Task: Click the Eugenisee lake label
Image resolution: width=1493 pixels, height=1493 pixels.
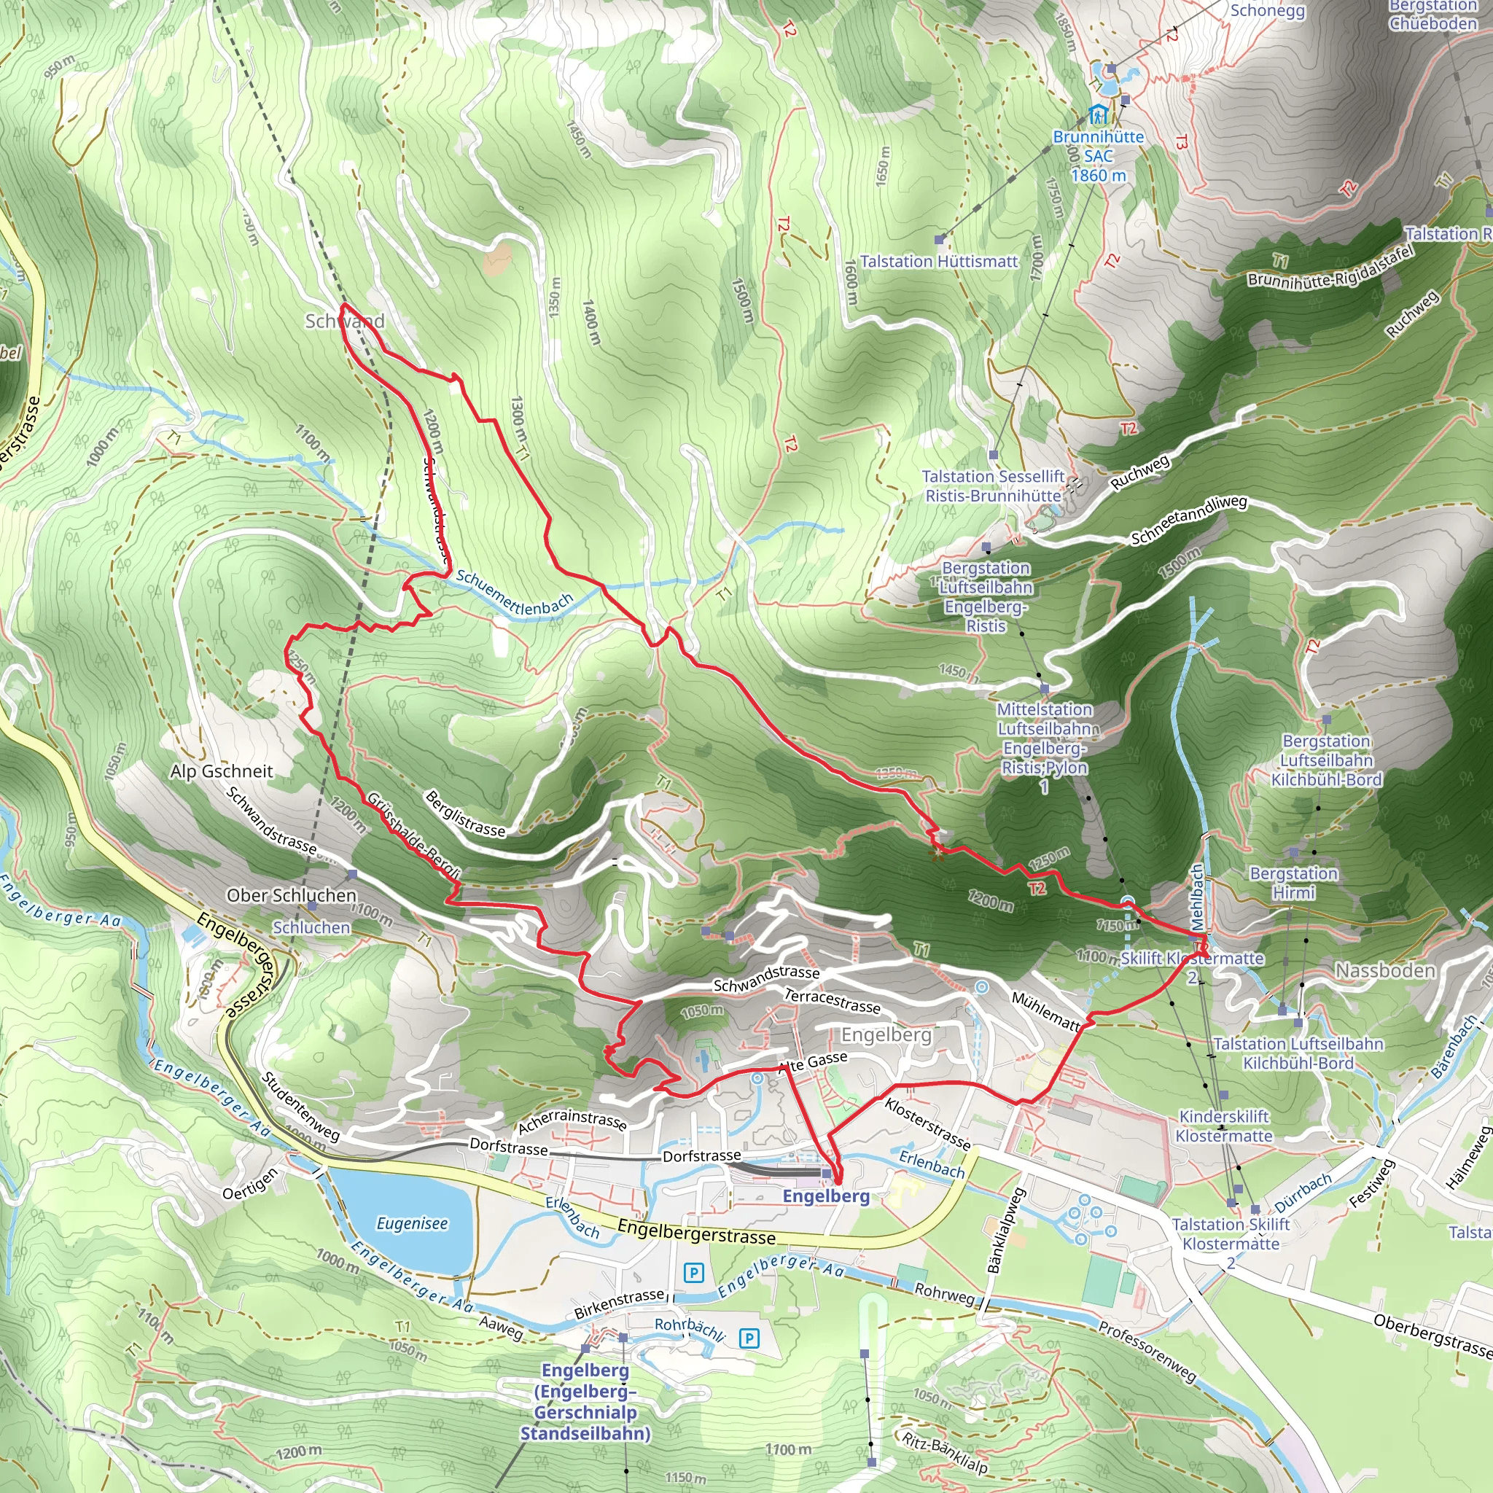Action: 412,1223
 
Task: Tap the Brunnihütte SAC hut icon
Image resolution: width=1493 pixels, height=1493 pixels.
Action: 1097,116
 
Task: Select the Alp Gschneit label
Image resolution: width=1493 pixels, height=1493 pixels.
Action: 221,771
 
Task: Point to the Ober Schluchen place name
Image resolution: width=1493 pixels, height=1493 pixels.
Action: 292,895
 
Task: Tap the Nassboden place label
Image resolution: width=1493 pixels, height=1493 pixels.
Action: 1385,970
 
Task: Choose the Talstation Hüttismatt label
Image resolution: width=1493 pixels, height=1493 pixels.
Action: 939,261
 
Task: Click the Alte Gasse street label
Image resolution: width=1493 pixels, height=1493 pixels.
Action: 813,1061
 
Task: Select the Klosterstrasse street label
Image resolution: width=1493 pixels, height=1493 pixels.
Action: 927,1123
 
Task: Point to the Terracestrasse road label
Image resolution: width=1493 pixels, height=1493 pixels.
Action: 833,1001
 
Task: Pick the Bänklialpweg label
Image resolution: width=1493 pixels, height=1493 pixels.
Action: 1005,1231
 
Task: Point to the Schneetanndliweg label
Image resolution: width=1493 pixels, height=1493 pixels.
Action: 1188,519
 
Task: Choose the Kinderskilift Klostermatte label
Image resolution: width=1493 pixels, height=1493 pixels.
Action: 1224,1126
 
